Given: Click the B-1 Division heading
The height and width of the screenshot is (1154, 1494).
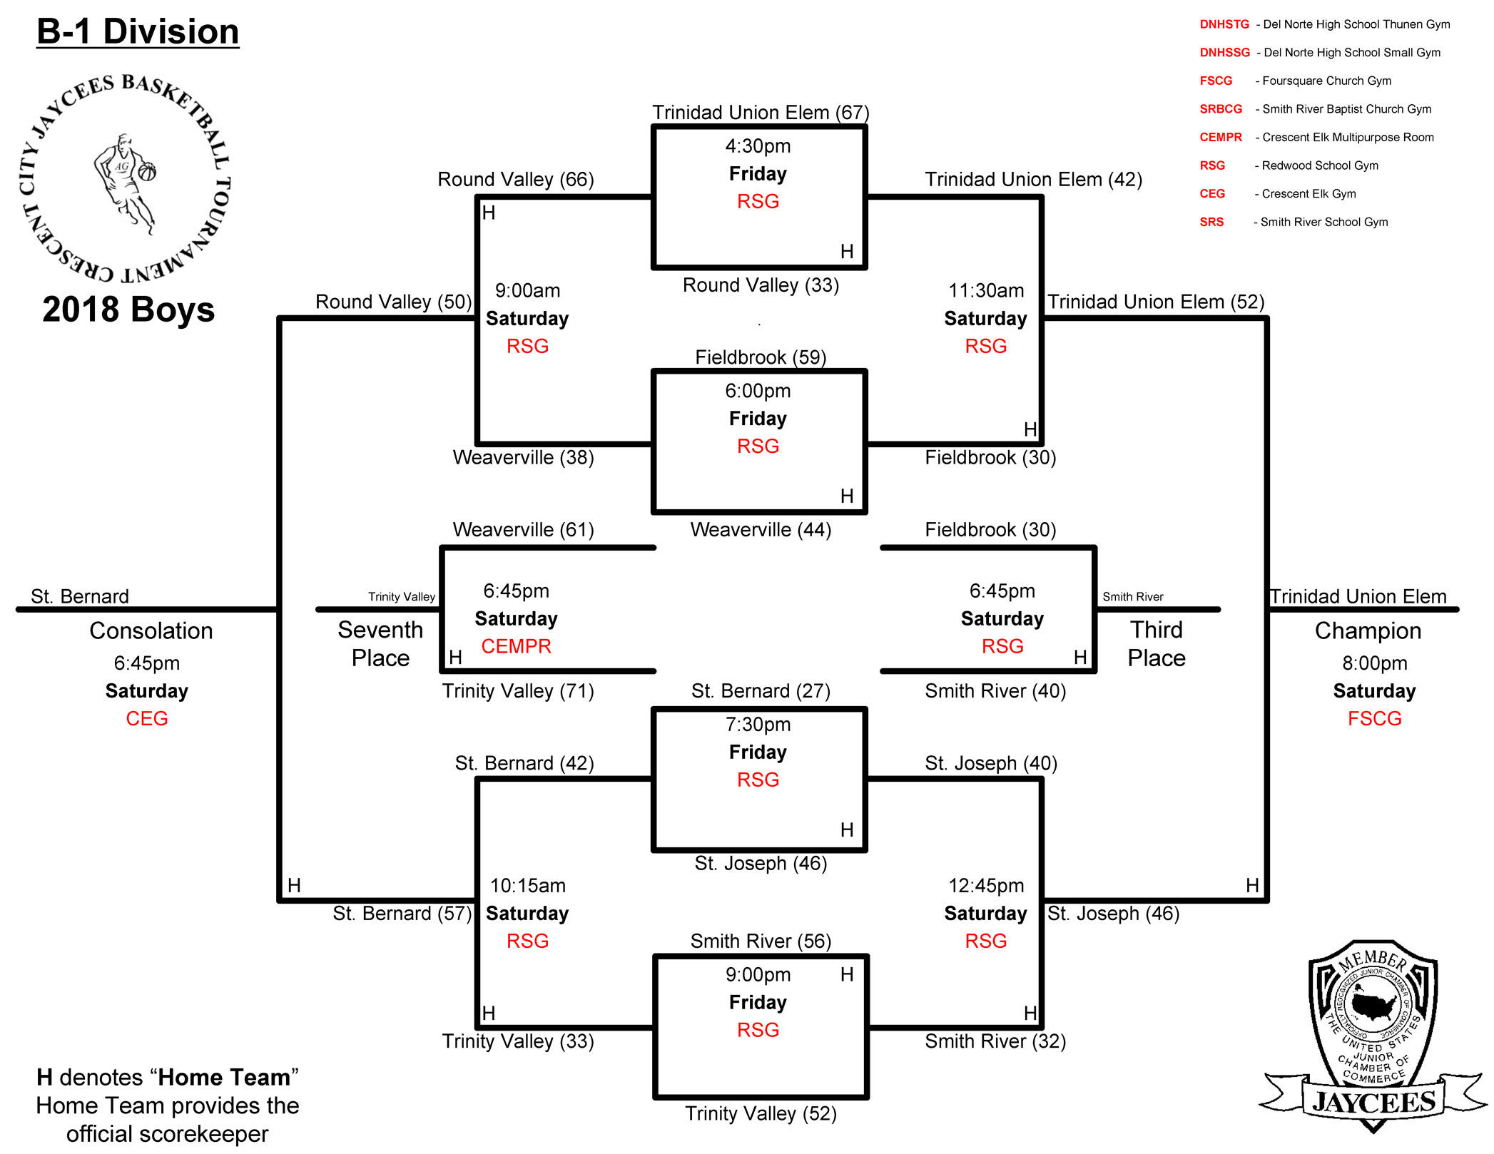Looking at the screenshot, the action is [x=138, y=32].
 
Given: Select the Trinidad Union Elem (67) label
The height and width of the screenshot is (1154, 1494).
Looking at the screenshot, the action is [x=761, y=113].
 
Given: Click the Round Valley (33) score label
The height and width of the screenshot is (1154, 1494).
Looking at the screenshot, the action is [x=761, y=285].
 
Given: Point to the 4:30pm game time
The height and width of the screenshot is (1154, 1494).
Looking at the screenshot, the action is [x=758, y=146].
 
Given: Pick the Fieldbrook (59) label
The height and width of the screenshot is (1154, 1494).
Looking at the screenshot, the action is [x=761, y=357].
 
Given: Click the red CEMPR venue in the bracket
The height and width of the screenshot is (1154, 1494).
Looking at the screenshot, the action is [x=516, y=646].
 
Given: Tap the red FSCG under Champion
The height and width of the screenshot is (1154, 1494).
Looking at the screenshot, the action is [x=1374, y=718].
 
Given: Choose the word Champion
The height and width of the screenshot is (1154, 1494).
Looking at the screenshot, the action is [x=1368, y=630].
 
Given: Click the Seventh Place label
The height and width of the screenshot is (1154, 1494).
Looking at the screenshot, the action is [x=380, y=643].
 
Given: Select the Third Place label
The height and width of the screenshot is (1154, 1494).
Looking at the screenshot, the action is [x=1157, y=643].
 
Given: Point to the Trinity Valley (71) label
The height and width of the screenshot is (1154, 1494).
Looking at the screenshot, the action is [x=518, y=691].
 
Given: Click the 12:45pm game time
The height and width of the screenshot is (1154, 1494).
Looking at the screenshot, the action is [x=986, y=886].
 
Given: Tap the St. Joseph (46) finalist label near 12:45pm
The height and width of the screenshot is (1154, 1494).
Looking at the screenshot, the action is [x=1113, y=914].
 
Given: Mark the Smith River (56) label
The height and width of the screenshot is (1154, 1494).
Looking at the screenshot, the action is [x=761, y=941].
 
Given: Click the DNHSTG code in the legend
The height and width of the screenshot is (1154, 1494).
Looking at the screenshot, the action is [x=1224, y=24].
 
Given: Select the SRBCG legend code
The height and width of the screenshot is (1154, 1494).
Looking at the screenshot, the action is [x=1221, y=109].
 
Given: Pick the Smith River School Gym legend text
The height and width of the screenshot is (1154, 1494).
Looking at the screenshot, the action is [x=1324, y=222].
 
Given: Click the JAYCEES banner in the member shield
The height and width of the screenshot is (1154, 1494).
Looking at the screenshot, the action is [x=1374, y=1102].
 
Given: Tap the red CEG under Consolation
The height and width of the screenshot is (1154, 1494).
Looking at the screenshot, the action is [x=146, y=718].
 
